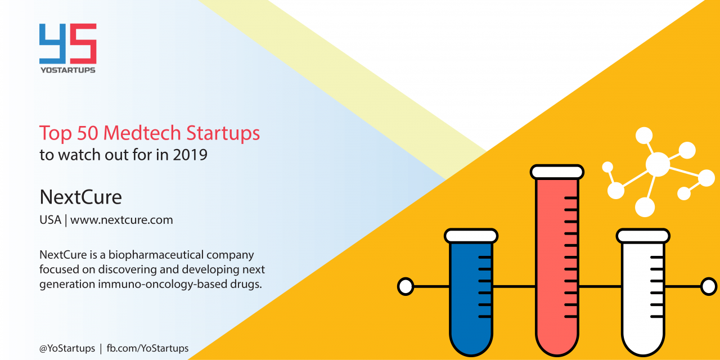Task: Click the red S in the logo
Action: pyautogui.click(x=83, y=43)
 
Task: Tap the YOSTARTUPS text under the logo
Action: pyautogui.click(x=68, y=70)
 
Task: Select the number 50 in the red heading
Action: pyautogui.click(x=87, y=133)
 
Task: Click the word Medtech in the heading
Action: pyautogui.click(x=142, y=133)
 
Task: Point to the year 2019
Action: pyautogui.click(x=190, y=155)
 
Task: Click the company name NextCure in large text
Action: pyautogui.click(x=80, y=197)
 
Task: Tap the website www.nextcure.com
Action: pyautogui.click(x=121, y=220)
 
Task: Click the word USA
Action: pyautogui.click(x=50, y=220)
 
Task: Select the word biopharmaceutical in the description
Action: pyautogui.click(x=156, y=255)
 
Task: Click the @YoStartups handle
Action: pyautogui.click(x=67, y=348)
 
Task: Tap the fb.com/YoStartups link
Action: pyautogui.click(x=147, y=348)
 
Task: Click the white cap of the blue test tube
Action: pyautogui.click(x=471, y=236)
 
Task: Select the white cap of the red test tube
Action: pyautogui.click(x=557, y=172)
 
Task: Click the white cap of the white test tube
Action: pyautogui.click(x=643, y=236)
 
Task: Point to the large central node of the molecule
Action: pyautogui.click(x=658, y=164)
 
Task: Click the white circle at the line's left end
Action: pyautogui.click(x=406, y=286)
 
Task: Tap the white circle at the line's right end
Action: pyautogui.click(x=709, y=286)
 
